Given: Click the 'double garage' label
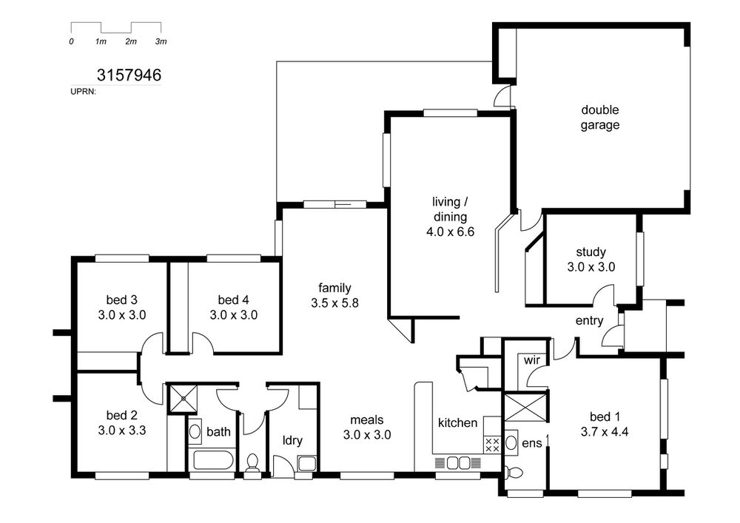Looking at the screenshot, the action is coord(600,118).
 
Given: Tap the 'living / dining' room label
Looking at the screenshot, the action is coord(450,209).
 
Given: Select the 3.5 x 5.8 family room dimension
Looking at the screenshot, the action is coord(334,303).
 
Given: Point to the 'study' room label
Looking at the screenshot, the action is coord(591,252).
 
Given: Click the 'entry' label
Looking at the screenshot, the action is coord(590,321).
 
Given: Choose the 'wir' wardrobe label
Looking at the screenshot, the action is coord(532,360).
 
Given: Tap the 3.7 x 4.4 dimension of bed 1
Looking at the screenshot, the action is coord(605,431).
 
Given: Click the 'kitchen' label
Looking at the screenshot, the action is coord(457,422).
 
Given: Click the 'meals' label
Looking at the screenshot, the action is coord(367,419).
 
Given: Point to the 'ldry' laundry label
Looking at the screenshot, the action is coord(292,440).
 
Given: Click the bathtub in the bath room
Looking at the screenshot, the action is coord(213,460).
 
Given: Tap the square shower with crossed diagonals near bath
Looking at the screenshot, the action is coord(183,399).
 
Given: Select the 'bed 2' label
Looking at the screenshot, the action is coord(122,415).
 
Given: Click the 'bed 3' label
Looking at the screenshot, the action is coord(122,300).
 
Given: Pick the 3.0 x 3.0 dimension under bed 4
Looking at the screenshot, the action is coord(234,314).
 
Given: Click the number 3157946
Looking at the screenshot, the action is coord(129,75).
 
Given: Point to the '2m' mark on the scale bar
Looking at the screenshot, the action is coord(131,41).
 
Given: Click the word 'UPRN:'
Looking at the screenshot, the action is coord(83,92).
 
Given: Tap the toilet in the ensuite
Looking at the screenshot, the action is coord(514,472).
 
